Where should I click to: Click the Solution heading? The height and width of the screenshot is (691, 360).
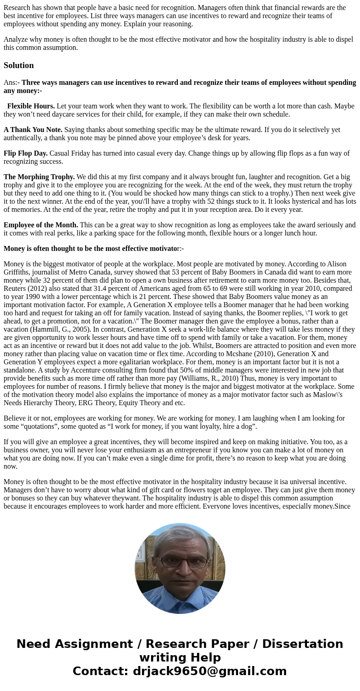click(x=19, y=65)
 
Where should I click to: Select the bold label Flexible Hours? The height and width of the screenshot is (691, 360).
click(x=31, y=106)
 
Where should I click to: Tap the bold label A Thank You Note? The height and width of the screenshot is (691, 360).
click(x=33, y=130)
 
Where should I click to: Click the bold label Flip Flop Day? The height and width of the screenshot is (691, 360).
click(x=25, y=153)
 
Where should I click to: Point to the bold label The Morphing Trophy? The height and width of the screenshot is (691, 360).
click(x=39, y=177)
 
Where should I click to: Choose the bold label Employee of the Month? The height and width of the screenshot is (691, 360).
click(x=41, y=225)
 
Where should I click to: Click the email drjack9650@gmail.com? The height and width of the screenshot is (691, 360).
click(x=210, y=671)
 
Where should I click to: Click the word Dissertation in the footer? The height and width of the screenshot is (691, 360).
click(x=302, y=644)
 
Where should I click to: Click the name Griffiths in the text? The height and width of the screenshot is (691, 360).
click(x=17, y=272)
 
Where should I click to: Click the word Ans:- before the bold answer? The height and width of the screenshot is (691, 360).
click(x=11, y=83)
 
